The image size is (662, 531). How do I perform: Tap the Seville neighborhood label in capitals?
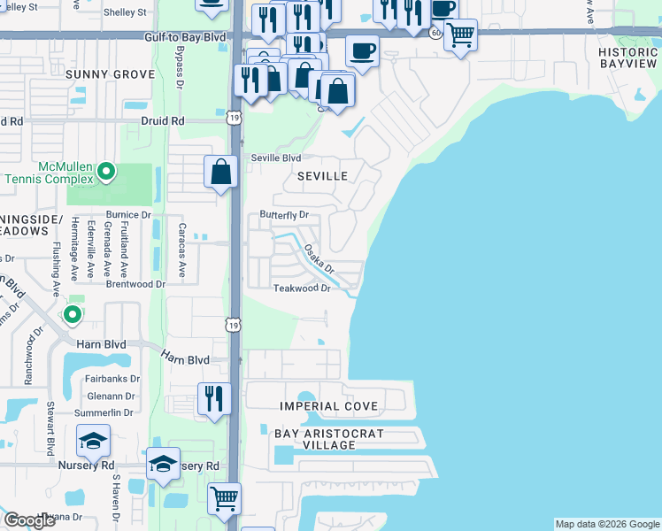click(321, 176)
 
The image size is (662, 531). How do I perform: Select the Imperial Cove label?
click(328, 406)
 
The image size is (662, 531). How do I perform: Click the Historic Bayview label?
click(627, 58)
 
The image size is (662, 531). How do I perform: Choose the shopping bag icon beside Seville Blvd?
click(220, 171)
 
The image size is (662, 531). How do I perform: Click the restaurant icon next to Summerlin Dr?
click(213, 398)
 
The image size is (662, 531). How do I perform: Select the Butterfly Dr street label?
click(283, 215)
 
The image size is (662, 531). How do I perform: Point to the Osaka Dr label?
click(318, 259)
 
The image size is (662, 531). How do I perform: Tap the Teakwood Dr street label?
click(301, 289)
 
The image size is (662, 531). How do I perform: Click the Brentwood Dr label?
click(136, 284)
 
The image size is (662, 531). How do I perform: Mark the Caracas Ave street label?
click(181, 250)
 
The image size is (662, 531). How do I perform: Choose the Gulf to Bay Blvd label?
click(186, 36)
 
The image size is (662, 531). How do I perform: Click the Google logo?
click(29, 520)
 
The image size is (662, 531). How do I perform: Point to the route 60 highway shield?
click(435, 32)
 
